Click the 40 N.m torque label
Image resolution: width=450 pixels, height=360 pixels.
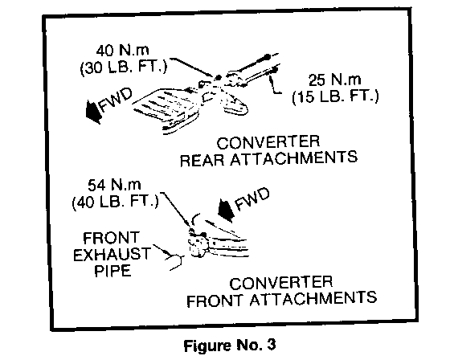[x=122, y=51]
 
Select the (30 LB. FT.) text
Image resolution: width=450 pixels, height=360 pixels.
[x=124, y=67]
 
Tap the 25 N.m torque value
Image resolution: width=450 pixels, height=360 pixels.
[x=334, y=80]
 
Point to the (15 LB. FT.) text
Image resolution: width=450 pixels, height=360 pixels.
[x=335, y=96]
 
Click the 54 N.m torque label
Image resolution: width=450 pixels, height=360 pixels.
[x=114, y=185]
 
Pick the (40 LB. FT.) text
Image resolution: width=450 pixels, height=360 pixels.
[x=115, y=202]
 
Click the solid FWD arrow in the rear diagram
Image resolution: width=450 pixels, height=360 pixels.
[x=93, y=112]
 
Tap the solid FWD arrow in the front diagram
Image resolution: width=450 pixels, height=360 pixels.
[x=226, y=211]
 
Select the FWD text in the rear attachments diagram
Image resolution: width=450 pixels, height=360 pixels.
[x=116, y=100]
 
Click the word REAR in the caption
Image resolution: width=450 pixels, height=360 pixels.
[x=202, y=160]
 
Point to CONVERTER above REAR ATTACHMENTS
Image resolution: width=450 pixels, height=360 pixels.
[x=268, y=143]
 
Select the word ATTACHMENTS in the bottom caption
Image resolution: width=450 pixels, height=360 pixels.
[x=313, y=299]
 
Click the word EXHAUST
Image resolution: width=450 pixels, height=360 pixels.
[x=112, y=255]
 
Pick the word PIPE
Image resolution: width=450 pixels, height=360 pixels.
[x=112, y=271]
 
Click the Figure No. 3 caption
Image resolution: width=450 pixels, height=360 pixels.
[x=230, y=345]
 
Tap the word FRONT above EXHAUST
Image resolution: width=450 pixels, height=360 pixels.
[x=111, y=238]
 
